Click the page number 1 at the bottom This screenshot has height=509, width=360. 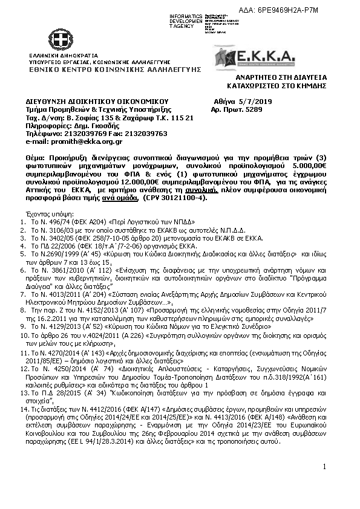click(324, 466)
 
